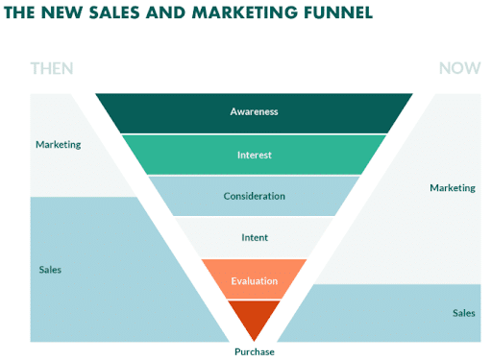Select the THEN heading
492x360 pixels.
click(x=52, y=68)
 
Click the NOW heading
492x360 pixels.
click(x=459, y=68)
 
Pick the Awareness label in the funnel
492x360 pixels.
click(x=254, y=111)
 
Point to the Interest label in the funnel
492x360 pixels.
click(x=254, y=155)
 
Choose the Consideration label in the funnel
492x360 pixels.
click(x=254, y=196)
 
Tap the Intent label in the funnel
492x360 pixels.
click(x=254, y=237)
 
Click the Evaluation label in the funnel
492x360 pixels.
click(x=254, y=280)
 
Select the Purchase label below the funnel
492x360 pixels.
click(x=254, y=351)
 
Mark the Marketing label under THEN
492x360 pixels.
click(x=58, y=145)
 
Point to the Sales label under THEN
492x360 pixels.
click(x=50, y=270)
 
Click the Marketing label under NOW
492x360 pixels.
click(x=452, y=187)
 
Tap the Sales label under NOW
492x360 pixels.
click(x=463, y=313)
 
